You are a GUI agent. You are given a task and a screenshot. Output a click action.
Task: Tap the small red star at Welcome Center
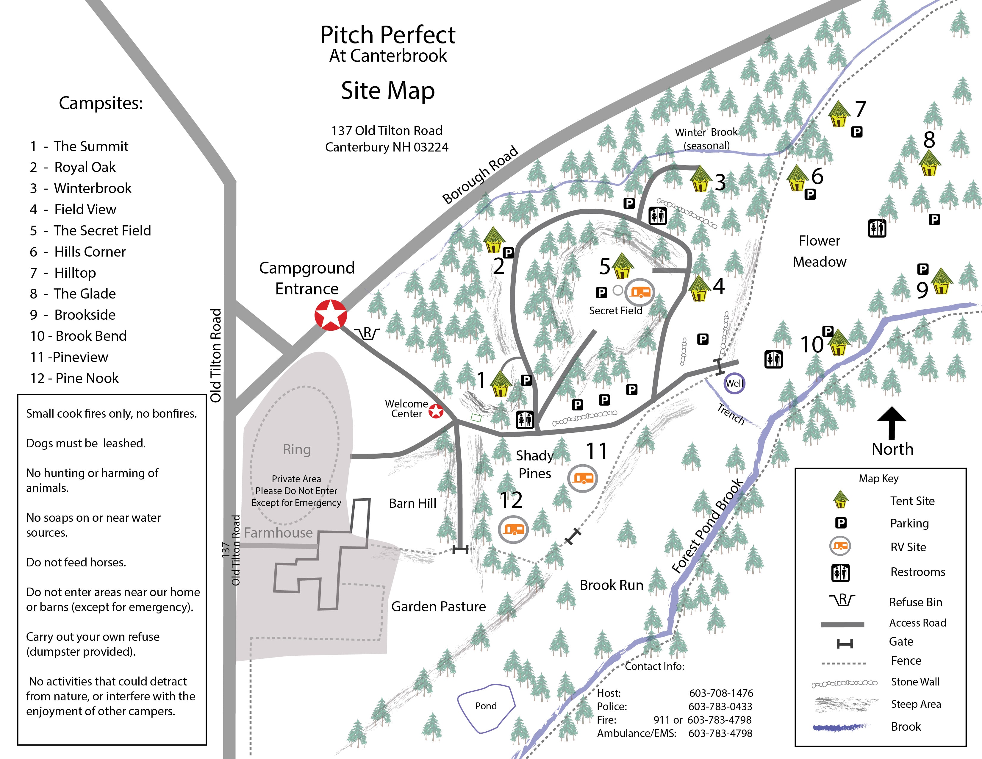[436, 411]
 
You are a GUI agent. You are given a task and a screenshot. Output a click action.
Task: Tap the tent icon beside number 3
[700, 179]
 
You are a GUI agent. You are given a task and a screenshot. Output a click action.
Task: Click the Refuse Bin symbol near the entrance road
[367, 333]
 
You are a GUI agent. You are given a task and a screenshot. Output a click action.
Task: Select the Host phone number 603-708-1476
[721, 693]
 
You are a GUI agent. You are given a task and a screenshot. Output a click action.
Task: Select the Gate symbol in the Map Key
[845, 644]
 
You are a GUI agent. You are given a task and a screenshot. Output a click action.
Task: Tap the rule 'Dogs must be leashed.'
[86, 443]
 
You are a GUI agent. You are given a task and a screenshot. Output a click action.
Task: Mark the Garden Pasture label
[438, 607]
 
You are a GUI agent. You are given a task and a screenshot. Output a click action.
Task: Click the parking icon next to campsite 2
[508, 253]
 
